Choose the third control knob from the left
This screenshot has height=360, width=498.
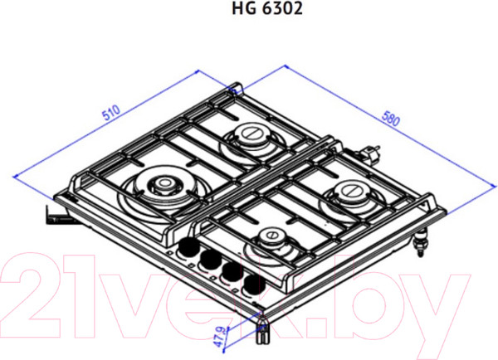227,274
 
